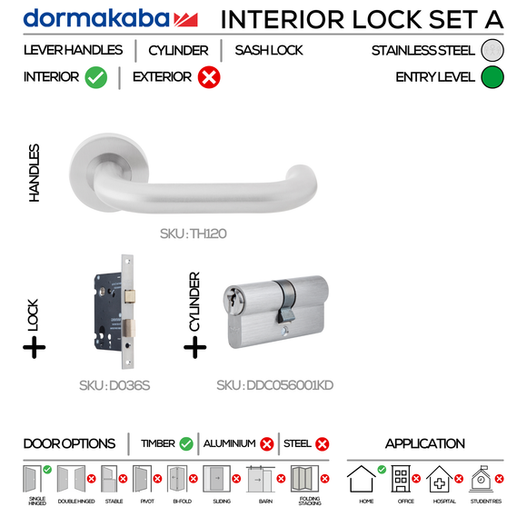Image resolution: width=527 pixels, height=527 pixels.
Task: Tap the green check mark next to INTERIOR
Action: click(96, 78)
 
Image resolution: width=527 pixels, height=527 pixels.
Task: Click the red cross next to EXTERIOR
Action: click(208, 78)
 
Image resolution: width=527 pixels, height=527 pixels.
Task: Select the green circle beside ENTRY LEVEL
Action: click(492, 77)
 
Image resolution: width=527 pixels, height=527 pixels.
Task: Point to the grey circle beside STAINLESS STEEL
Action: click(492, 51)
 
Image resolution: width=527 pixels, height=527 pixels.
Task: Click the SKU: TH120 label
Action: click(193, 234)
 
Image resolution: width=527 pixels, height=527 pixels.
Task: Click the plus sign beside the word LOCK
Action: click(34, 347)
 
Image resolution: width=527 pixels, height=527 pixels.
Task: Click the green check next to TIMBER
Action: click(186, 444)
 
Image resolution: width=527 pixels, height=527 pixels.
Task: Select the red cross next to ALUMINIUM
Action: click(266, 444)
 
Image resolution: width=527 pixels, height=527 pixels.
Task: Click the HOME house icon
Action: click(364, 479)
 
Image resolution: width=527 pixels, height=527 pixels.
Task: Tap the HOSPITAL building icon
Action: click(441, 479)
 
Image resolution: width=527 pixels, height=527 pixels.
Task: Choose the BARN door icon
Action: click(260, 479)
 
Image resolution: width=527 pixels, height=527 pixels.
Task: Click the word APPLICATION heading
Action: click(424, 444)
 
